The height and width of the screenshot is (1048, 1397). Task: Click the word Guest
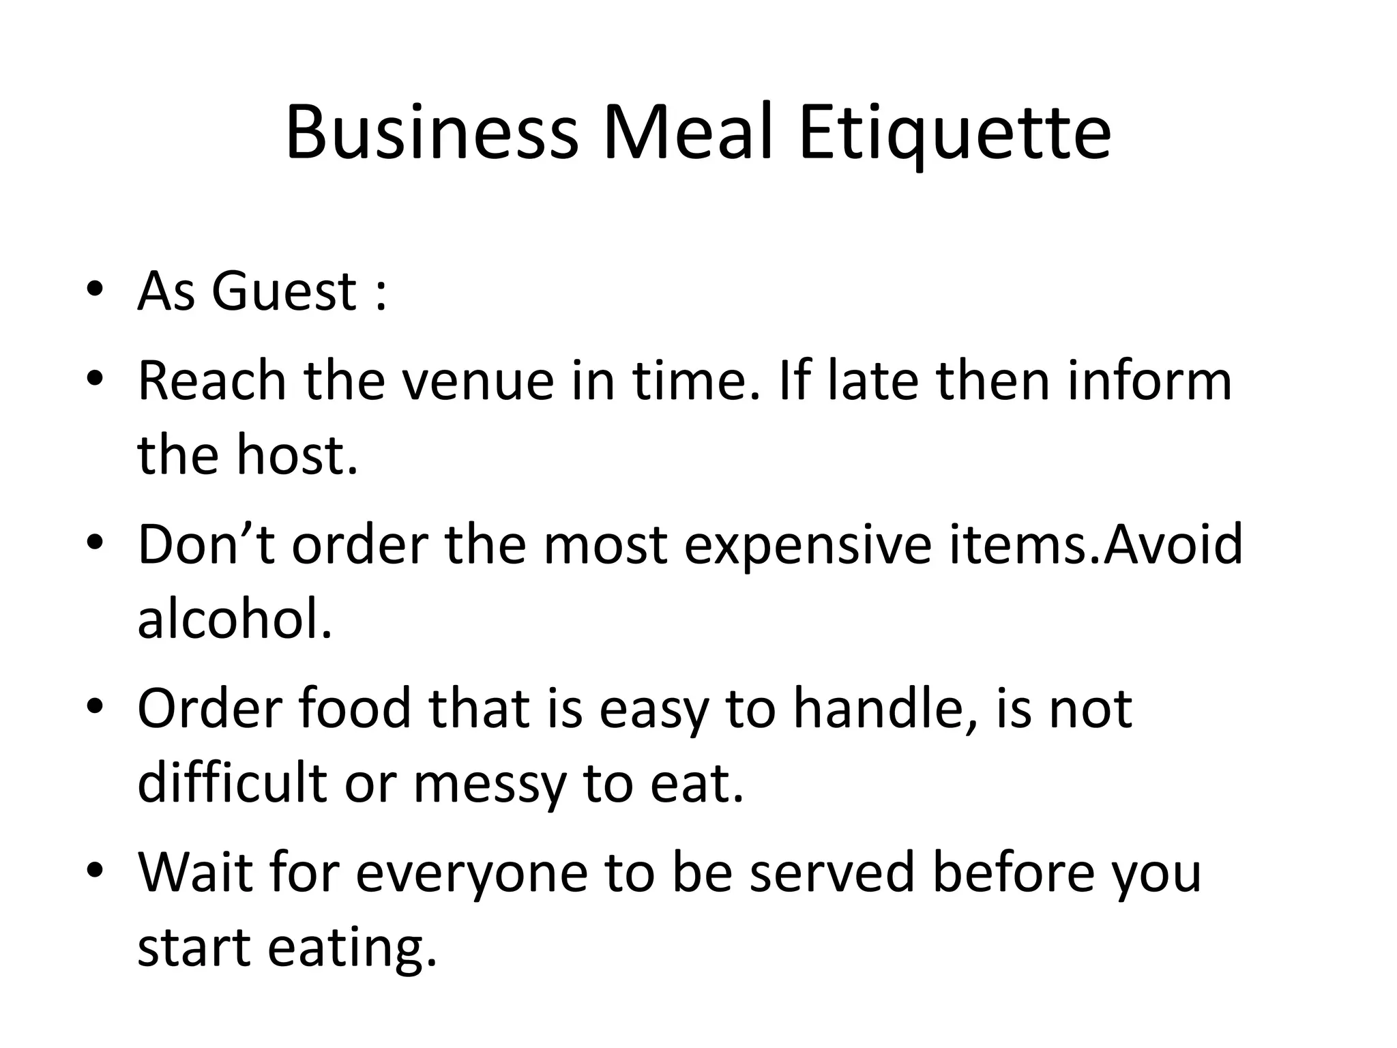tap(284, 291)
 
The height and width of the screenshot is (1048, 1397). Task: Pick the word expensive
tap(808, 545)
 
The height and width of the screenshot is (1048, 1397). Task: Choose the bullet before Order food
tap(95, 706)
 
